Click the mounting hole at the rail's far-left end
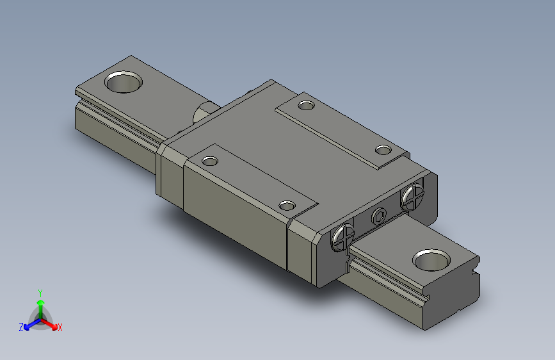(124, 82)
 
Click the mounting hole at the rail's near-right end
(432, 259)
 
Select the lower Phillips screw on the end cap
(343, 237)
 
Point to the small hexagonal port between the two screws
(378, 217)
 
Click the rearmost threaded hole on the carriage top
(307, 104)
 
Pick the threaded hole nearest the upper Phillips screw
(383, 151)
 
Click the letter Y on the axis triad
(40, 292)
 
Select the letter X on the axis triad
(60, 328)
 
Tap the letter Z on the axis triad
(21, 327)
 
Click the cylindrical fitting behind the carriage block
(204, 112)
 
